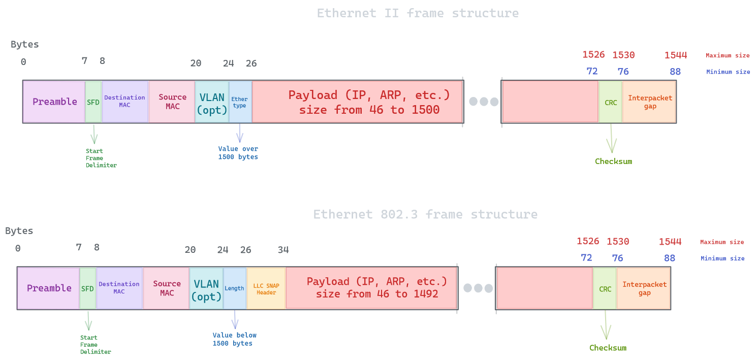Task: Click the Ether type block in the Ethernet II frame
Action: [240, 102]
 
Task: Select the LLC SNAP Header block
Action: [266, 288]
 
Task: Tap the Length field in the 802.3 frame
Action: [234, 288]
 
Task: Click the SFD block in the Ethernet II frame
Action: [93, 102]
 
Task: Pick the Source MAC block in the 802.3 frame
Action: [166, 288]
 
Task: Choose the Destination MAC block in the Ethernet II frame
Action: [124, 102]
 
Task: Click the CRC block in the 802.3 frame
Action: [605, 288]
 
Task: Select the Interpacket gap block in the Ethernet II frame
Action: [649, 102]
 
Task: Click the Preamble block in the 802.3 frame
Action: [49, 288]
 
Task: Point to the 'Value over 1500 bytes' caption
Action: [238, 153]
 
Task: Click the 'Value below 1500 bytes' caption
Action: [234, 339]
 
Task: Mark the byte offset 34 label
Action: [283, 250]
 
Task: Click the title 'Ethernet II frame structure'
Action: [418, 13]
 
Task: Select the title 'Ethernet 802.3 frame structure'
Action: [425, 214]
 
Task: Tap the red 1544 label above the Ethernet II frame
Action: [675, 55]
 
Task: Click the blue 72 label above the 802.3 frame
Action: [586, 258]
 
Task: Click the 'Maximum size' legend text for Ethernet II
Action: [728, 56]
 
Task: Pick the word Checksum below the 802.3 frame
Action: [608, 348]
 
